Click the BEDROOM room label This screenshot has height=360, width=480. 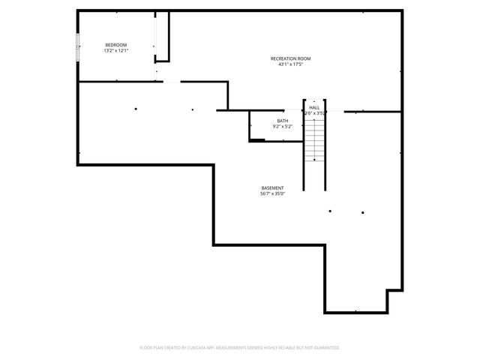click(x=116, y=45)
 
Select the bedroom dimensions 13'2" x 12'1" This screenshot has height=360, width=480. click(x=116, y=51)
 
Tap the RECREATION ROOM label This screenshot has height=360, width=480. click(x=290, y=58)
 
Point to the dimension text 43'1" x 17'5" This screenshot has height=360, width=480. click(x=290, y=64)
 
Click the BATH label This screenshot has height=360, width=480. click(x=282, y=121)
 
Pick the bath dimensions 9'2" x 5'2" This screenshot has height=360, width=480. click(x=282, y=127)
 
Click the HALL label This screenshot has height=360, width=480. click(x=314, y=108)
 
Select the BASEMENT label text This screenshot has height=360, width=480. click(x=272, y=187)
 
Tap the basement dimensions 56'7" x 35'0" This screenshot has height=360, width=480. click(x=272, y=193)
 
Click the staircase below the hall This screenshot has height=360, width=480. click(x=314, y=142)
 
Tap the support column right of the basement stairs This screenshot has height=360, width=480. click(x=330, y=211)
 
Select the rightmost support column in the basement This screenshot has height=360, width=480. click(x=362, y=212)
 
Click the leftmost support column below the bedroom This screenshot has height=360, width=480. click(x=136, y=109)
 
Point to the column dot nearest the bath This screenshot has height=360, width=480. click(x=193, y=109)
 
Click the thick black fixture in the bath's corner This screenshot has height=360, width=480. click(x=257, y=139)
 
